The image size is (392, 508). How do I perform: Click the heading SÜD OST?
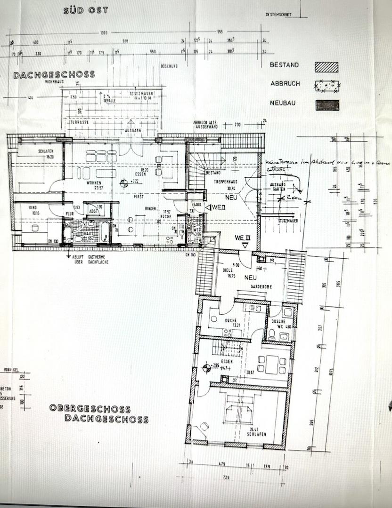click(85, 10)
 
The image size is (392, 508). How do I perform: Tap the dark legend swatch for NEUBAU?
click(327, 105)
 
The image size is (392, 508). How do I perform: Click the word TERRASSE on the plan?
click(80, 121)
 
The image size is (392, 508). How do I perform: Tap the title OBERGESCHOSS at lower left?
click(90, 408)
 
